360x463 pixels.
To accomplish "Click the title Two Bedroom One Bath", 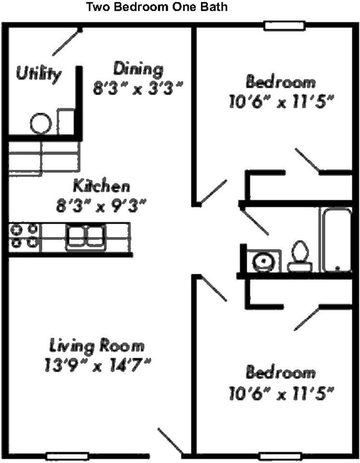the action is (157, 6).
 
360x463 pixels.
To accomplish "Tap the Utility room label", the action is (39, 73).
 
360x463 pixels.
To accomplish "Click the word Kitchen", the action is (101, 186).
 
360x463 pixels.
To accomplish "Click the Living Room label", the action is (97, 346).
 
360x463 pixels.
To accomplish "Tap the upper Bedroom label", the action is (280, 82).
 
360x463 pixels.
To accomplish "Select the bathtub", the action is (336, 240).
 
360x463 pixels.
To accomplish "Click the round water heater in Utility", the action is (41, 123).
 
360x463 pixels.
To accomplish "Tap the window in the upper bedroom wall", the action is (284, 26).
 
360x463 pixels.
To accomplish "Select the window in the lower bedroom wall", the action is (280, 457).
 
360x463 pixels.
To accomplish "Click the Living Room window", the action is (67, 457).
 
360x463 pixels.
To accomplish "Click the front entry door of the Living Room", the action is (171, 441).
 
